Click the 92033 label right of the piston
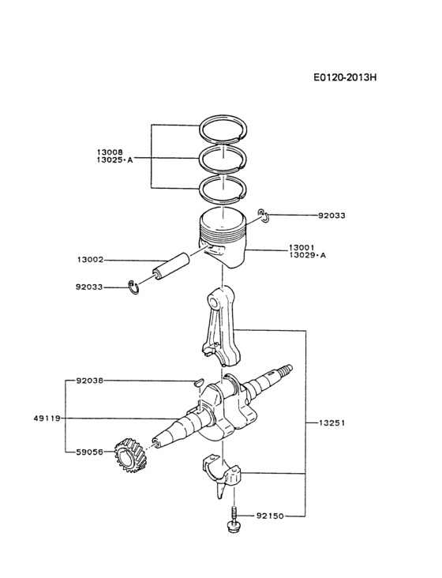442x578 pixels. coord(331,215)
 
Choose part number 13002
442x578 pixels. coord(92,259)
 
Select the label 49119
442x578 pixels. coord(47,418)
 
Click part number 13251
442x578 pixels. coord(331,423)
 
